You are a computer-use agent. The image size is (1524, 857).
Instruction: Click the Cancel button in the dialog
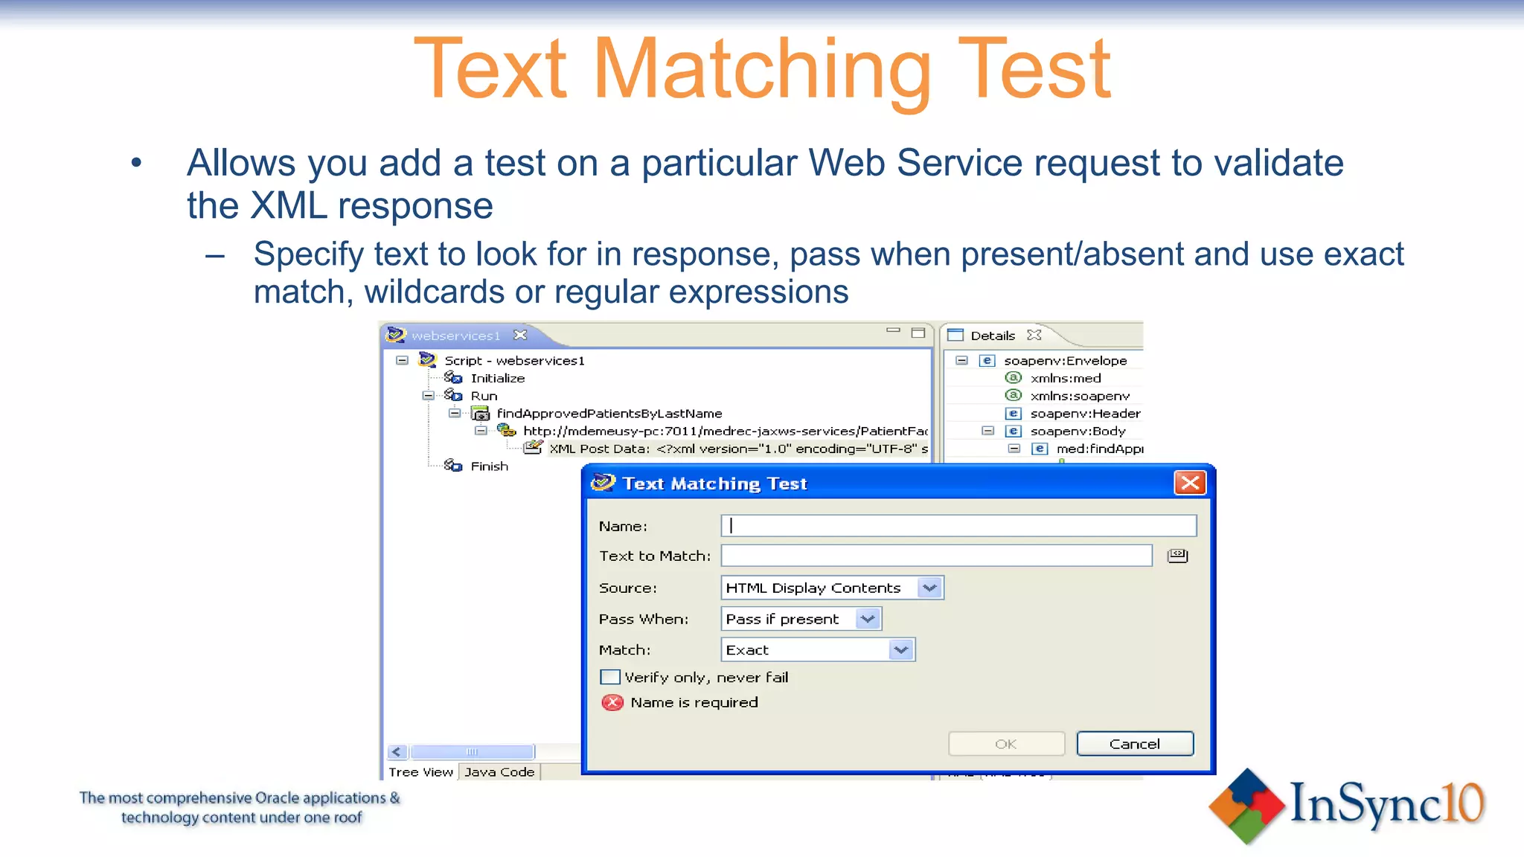(1134, 744)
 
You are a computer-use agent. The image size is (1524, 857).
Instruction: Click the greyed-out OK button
(1005, 744)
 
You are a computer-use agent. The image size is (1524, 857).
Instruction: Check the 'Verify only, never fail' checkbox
(610, 677)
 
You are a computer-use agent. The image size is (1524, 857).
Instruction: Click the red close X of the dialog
(1189, 483)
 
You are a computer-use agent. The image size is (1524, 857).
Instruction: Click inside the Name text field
(958, 526)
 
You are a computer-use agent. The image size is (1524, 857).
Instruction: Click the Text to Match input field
(935, 556)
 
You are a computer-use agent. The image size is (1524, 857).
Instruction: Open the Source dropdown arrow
(929, 588)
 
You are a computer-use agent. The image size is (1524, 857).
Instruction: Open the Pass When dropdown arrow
(867, 619)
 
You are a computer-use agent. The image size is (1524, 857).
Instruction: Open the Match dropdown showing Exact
(900, 649)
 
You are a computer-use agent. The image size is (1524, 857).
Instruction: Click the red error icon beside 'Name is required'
(612, 702)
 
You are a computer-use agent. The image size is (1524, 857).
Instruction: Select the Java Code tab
(499, 771)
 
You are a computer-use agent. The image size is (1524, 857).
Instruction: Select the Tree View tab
(420, 771)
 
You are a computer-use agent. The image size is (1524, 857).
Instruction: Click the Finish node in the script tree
(489, 466)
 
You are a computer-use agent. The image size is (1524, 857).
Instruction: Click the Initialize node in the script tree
(497, 378)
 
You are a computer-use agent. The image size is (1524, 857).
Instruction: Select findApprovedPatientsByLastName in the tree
(609, 414)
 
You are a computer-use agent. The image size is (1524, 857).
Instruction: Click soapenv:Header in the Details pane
(1084, 414)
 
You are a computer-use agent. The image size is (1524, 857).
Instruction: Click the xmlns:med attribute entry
(1065, 378)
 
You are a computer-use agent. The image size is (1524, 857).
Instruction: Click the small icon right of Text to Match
(1177, 556)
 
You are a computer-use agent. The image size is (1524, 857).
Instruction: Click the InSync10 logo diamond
(1246, 806)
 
